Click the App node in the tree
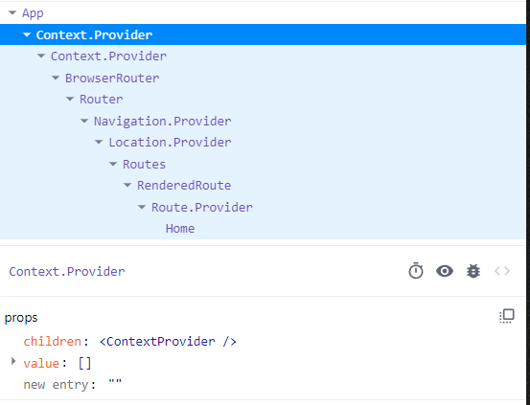(33, 13)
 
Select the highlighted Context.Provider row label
(94, 35)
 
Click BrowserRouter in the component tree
(112, 79)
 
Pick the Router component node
(102, 100)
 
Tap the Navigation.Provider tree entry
(163, 122)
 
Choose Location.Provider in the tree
(170, 143)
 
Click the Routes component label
(145, 165)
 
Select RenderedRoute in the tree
(184, 186)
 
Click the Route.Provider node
(202, 208)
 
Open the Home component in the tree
(180, 229)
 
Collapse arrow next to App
(12, 13)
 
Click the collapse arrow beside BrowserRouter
(56, 78)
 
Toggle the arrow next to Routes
(113, 164)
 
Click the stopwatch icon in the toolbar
(416, 271)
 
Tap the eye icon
(445, 271)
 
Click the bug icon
(473, 271)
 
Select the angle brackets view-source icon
(502, 271)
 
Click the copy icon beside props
(507, 316)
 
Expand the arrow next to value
(13, 361)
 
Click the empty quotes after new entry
(115, 383)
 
